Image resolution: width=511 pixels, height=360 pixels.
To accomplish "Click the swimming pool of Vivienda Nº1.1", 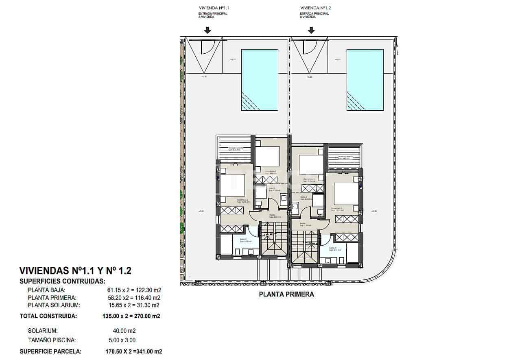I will (260, 80).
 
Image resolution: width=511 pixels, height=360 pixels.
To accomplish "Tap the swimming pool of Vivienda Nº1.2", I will (365, 80).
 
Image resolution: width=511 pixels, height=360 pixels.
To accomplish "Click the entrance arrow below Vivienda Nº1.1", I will (207, 30).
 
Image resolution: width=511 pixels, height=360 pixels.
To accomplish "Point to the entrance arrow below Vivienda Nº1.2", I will (311, 30).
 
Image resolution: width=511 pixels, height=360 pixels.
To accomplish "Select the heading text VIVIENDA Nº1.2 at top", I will (315, 8).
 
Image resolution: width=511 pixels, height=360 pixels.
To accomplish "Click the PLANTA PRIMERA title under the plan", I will (286, 295).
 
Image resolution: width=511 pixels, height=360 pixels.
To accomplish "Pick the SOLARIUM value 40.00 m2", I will (124, 331).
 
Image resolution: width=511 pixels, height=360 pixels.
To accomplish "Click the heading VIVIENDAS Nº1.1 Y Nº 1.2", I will (75, 271).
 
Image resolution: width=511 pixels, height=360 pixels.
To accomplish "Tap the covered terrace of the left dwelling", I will (235, 149).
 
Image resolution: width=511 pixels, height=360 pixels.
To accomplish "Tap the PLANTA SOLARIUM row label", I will (53, 305).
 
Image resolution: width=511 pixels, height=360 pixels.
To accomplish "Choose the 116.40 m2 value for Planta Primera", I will (143, 298).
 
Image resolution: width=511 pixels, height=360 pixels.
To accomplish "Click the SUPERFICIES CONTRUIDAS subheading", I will (62, 281).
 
